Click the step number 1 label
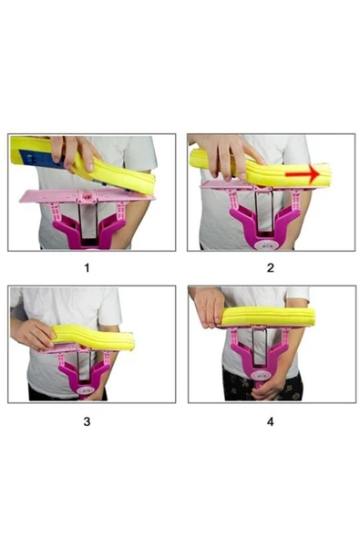pyautogui.click(x=87, y=267)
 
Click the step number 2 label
pyautogui.click(x=271, y=267)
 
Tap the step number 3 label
pyautogui.click(x=87, y=421)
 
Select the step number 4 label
pyautogui.click(x=271, y=421)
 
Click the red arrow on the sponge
pyautogui.click(x=303, y=174)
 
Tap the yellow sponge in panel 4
pyautogui.click(x=268, y=317)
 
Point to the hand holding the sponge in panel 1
pyautogui.click(x=74, y=151)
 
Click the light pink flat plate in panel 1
pyautogui.click(x=86, y=195)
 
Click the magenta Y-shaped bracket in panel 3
pyautogui.click(x=85, y=376)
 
